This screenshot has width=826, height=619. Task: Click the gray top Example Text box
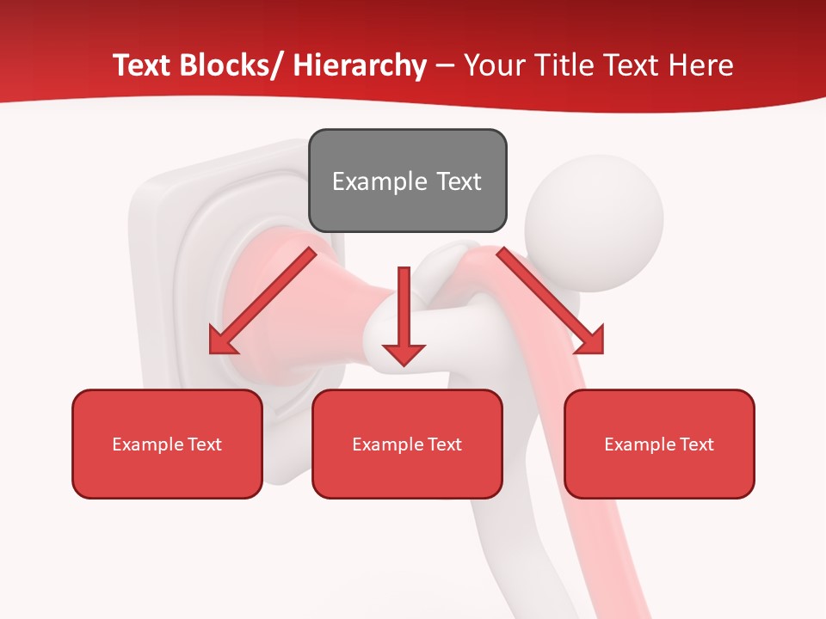click(407, 181)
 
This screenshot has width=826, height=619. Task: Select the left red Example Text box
click(167, 444)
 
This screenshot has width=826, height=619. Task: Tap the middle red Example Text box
click(407, 444)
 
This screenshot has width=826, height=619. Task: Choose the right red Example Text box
click(659, 444)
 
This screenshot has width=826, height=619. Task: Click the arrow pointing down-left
click(262, 301)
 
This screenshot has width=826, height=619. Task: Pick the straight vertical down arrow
click(404, 314)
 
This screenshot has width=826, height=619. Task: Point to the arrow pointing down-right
click(551, 301)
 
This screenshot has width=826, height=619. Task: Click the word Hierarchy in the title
click(360, 65)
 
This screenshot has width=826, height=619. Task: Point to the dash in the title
click(445, 66)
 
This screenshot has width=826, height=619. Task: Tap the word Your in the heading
click(491, 65)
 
